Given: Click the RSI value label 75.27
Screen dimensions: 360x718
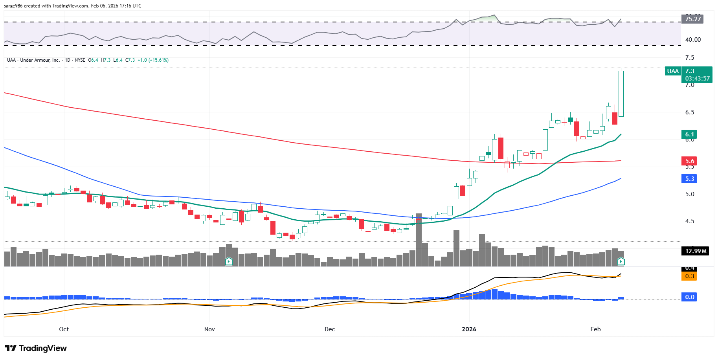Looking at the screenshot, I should point(692,19).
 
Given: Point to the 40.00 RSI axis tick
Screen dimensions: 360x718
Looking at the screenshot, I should point(693,39).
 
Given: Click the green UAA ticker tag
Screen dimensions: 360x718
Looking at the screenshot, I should point(673,71).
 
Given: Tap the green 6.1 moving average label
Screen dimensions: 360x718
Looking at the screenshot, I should point(690,134).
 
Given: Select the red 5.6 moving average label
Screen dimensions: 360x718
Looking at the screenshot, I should point(690,161).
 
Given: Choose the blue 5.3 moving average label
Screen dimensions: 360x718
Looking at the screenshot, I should point(690,179).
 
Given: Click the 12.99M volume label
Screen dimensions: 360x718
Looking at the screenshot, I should point(695,251).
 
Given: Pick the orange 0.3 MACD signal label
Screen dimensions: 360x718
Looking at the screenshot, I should point(690,276).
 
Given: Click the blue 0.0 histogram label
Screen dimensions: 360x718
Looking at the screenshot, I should point(690,297).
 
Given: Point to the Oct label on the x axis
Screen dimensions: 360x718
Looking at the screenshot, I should point(64,329).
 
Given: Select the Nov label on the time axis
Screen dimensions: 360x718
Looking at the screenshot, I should point(209,329).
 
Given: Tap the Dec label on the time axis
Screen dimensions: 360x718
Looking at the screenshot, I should point(329,329).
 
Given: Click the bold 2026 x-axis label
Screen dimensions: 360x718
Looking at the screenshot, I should point(469,329).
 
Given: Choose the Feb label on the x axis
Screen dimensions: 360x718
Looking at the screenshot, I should point(595,329).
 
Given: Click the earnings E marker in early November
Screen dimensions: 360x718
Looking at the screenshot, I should point(229,261).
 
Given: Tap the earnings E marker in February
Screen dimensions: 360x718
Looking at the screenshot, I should point(621,261).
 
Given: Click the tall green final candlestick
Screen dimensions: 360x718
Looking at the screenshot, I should point(621,94).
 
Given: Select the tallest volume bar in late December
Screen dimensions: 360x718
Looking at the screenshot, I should point(419,240).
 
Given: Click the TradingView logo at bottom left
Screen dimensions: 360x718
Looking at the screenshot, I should point(36,348).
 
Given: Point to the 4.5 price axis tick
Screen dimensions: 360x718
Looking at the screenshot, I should point(689,221).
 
